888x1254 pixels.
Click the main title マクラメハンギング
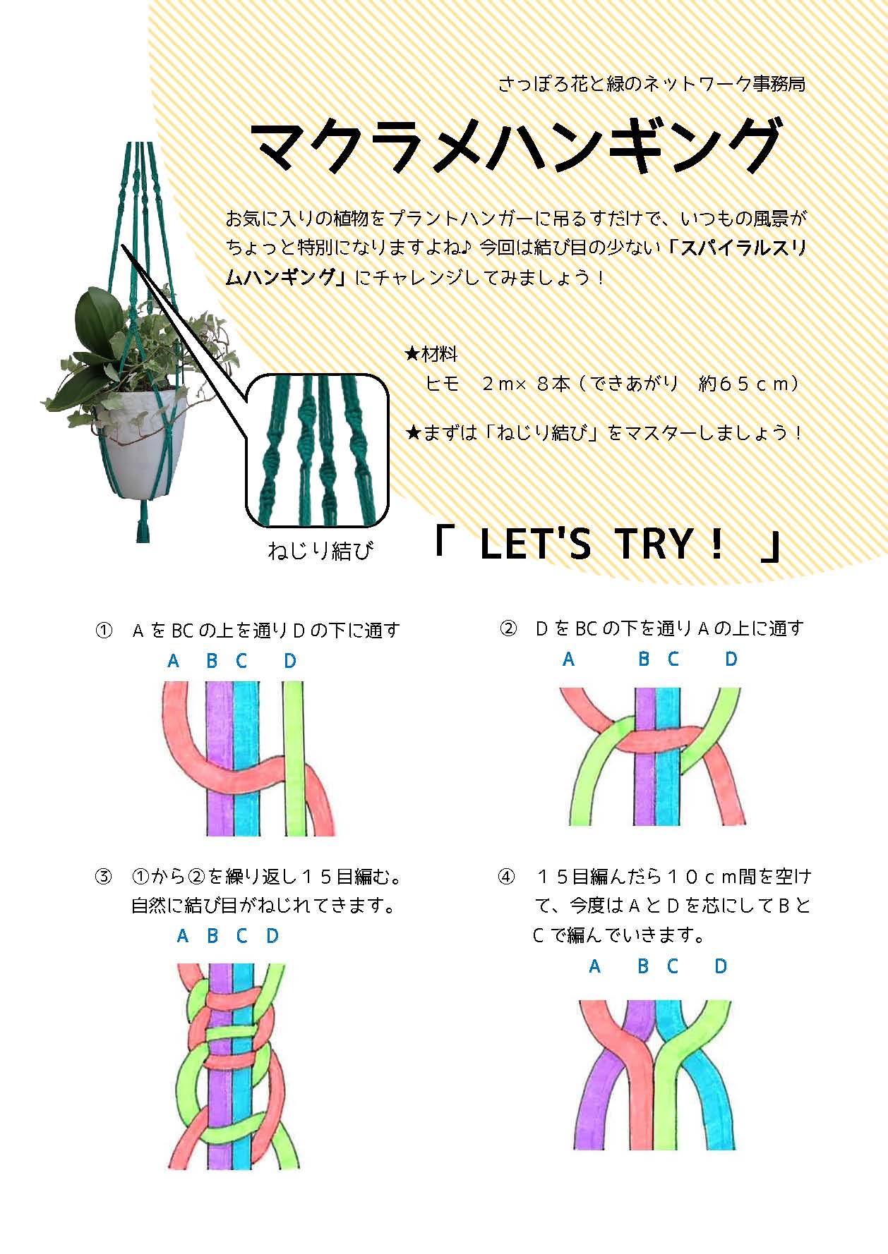click(517, 147)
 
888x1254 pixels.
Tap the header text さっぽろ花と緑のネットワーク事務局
click(652, 85)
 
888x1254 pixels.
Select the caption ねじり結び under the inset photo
click(319, 550)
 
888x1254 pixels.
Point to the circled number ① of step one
click(104, 630)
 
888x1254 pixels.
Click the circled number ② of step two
click(508, 628)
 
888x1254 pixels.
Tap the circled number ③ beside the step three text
click(104, 877)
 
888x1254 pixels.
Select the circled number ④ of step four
click(507, 877)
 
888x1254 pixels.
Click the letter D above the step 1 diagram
click(290, 661)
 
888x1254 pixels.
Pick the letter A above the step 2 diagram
click(568, 659)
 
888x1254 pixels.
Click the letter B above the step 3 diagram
click(212, 936)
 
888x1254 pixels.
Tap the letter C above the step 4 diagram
click(673, 966)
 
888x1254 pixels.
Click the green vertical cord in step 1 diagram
click(294, 758)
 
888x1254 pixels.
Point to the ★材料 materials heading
click(431, 353)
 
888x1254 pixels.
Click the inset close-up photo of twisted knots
click(318, 450)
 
